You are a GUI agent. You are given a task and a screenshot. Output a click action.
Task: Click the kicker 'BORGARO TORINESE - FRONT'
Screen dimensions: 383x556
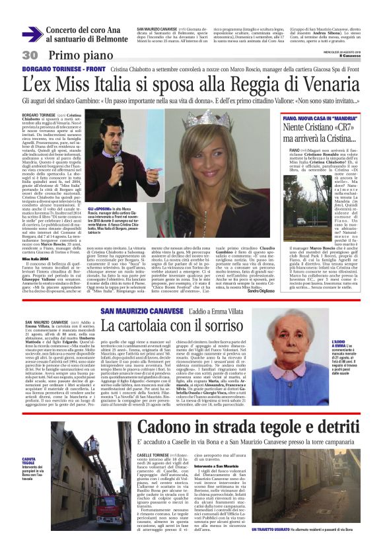[x=63, y=69]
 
